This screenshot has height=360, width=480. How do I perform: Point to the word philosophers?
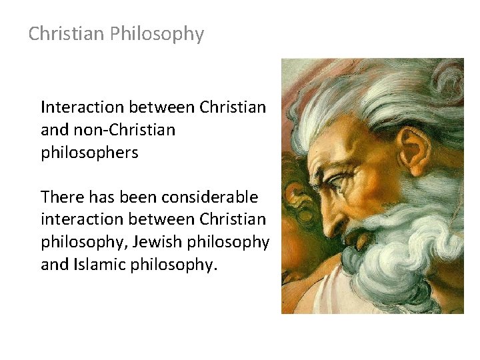(89, 153)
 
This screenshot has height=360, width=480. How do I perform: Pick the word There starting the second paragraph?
(61, 197)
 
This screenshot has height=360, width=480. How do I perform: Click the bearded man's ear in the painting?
(414, 150)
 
